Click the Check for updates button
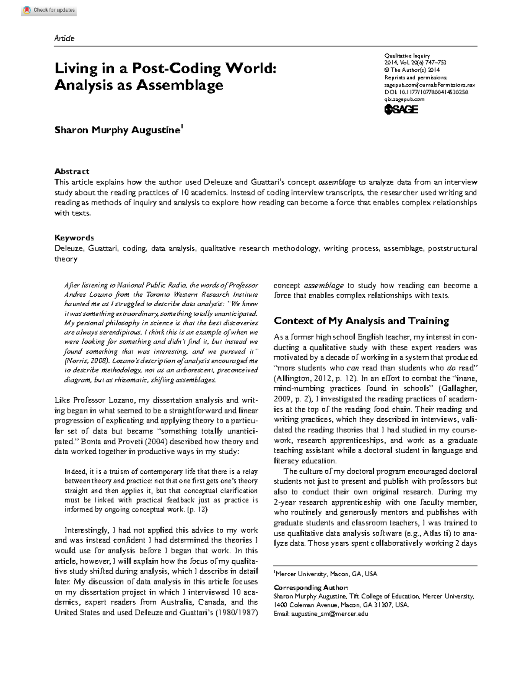point(49,10)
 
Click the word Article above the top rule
point(64,39)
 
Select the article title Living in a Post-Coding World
point(165,68)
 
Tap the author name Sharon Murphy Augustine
point(117,130)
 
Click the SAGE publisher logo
point(401,110)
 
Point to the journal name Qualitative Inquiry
point(407,56)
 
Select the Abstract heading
point(72,171)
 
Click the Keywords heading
point(74,238)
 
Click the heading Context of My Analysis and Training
point(362,321)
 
